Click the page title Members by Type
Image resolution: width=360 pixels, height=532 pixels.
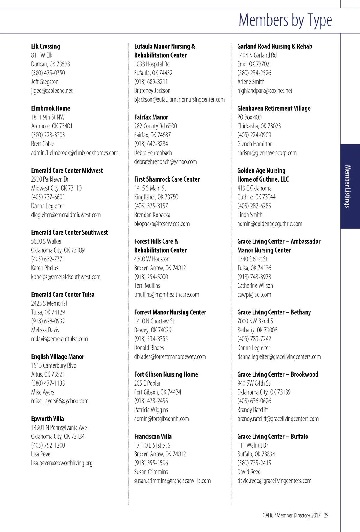point(285,20)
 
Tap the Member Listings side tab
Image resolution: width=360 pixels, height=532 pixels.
point(348,186)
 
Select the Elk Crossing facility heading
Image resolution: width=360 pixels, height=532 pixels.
point(46,46)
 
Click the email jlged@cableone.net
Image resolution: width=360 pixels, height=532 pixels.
point(52,91)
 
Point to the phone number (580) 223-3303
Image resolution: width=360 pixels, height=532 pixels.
point(48,135)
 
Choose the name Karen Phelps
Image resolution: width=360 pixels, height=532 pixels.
point(45,268)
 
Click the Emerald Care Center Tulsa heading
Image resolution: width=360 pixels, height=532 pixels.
point(63,295)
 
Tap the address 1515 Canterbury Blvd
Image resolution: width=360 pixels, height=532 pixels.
point(54,365)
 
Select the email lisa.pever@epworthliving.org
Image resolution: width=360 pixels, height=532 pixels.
point(62,463)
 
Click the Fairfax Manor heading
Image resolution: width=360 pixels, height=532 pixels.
point(151,117)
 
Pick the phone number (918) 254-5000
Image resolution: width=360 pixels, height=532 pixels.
point(151,277)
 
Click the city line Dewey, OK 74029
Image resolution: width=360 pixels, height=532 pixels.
point(153,330)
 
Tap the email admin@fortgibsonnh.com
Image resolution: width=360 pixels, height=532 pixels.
point(161,419)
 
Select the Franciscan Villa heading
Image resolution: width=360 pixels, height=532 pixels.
point(153,437)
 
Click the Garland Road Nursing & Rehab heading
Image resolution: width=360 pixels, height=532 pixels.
point(274,46)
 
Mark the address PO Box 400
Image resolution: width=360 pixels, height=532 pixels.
point(249,117)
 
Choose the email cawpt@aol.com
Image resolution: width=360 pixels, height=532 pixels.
point(254,295)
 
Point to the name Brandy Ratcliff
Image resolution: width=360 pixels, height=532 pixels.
point(253,410)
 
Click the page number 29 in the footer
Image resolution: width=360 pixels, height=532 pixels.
point(326,515)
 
